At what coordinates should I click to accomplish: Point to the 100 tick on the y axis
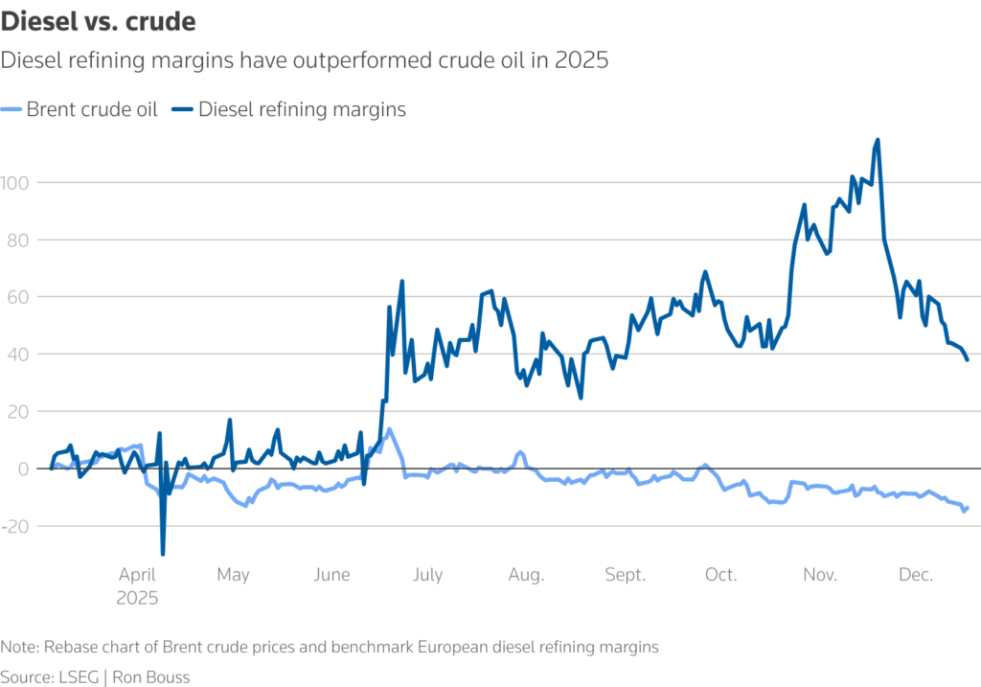point(15,182)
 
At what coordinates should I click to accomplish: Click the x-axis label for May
point(233,575)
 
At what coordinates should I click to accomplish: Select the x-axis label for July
point(427,575)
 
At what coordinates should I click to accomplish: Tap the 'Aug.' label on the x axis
point(526,575)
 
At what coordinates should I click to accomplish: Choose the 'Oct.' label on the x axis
point(720,575)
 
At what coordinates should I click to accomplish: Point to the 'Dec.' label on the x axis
point(916,575)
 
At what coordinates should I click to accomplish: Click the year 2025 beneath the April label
point(138,598)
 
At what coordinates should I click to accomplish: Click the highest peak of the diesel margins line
point(878,140)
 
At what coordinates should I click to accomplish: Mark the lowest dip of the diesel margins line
point(163,554)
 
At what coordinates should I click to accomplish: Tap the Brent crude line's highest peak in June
point(389,429)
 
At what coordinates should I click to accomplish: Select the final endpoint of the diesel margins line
point(968,359)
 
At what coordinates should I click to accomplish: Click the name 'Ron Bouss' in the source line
point(151,677)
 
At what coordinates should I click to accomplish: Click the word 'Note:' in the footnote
point(20,647)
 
